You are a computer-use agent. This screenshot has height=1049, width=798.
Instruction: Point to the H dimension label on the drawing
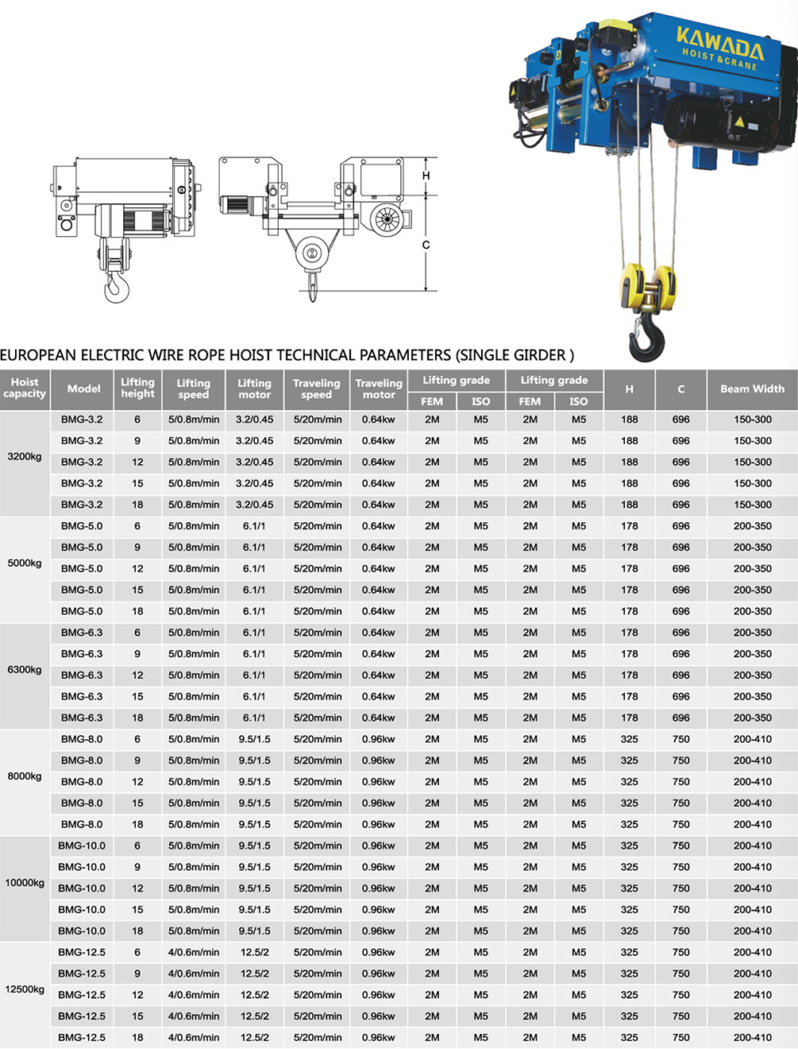(x=426, y=176)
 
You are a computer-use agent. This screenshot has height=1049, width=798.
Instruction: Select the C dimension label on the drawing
(x=426, y=245)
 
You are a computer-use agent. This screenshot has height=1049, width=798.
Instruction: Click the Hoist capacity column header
(x=25, y=389)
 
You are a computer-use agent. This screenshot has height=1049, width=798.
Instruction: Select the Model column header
(x=83, y=389)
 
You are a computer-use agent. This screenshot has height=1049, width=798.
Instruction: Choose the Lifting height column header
(x=137, y=389)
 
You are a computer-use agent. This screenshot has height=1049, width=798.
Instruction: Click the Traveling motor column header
(x=379, y=389)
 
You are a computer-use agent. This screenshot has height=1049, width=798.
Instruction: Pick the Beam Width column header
(x=752, y=389)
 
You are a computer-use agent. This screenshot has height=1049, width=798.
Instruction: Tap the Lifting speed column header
(x=193, y=389)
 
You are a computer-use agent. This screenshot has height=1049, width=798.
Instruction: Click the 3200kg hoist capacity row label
(x=25, y=457)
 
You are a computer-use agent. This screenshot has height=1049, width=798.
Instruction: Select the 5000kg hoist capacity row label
(x=25, y=563)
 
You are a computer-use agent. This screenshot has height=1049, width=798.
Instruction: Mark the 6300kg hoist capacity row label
(x=25, y=670)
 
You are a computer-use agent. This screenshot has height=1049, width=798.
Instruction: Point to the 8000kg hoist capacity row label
(x=25, y=776)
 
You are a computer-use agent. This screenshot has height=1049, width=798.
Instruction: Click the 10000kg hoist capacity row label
(x=25, y=883)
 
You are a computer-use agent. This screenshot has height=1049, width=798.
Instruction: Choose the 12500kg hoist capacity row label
(x=25, y=989)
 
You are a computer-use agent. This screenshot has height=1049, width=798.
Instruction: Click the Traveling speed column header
(x=316, y=389)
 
